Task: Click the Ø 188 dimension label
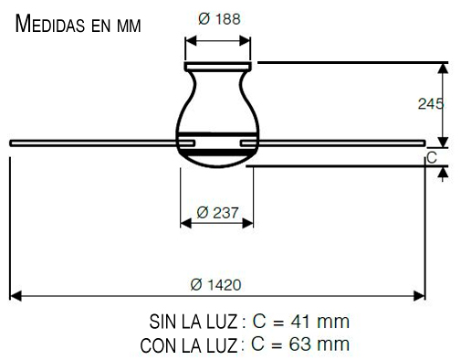pyautogui.click(x=219, y=19)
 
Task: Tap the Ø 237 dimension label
pyautogui.click(x=217, y=212)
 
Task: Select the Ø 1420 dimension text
pyautogui.click(x=215, y=285)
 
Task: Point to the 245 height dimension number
pyautogui.click(x=430, y=104)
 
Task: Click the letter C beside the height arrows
pyautogui.click(x=432, y=158)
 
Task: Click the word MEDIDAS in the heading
pyautogui.click(x=50, y=24)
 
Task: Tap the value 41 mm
pyautogui.click(x=319, y=322)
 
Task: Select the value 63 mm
pyautogui.click(x=319, y=344)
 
